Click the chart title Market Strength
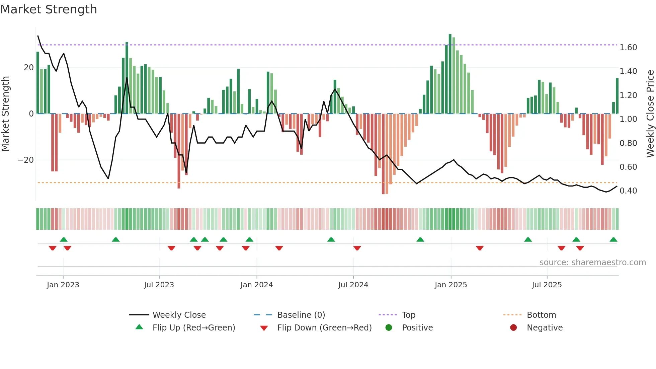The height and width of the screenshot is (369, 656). click(49, 9)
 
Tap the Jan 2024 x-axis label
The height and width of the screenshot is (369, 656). click(256, 285)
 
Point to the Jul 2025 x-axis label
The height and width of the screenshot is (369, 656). click(547, 285)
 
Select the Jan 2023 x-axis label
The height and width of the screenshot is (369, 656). click(63, 285)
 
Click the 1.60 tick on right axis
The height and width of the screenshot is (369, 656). click(628, 48)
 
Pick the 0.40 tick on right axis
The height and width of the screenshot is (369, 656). click(628, 191)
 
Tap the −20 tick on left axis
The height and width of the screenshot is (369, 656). click(25, 160)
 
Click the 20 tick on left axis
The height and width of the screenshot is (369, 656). click(28, 68)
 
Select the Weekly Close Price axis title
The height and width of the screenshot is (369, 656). click(650, 113)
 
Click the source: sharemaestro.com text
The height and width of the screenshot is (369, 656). click(592, 263)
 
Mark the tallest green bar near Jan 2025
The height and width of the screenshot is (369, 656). click(450, 74)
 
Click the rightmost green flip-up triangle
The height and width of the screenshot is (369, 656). click(613, 240)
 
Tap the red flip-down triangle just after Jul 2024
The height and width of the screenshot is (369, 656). click(357, 248)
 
